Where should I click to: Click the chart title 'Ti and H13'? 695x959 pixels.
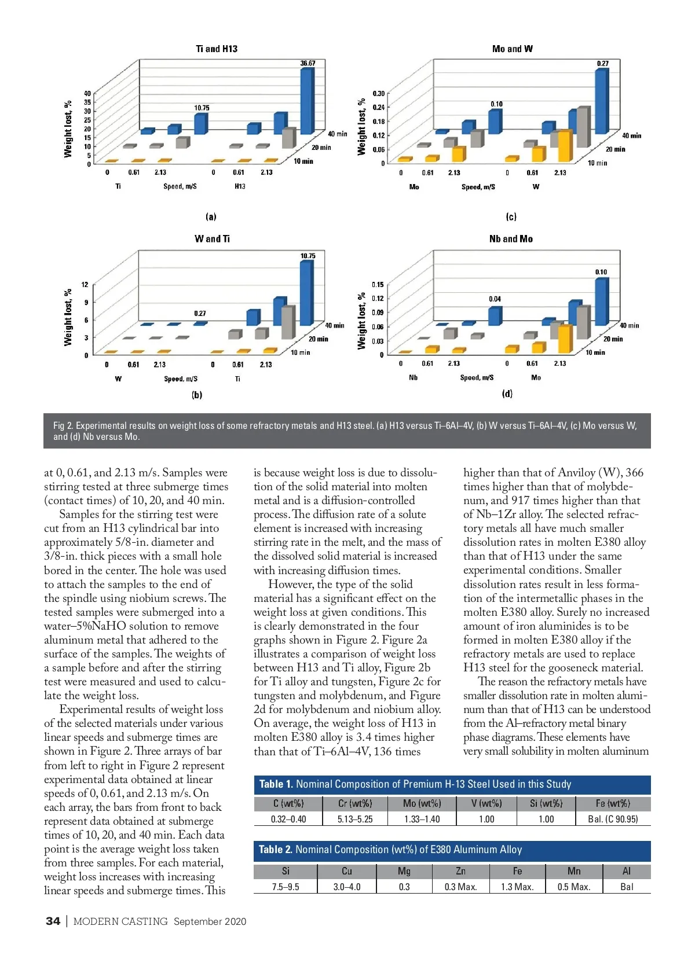tap(217, 49)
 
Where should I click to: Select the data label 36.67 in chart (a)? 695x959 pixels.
tap(308, 63)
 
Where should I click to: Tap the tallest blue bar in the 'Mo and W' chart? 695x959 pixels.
tap(602, 101)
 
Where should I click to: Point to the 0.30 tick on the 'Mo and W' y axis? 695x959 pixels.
tap(378, 93)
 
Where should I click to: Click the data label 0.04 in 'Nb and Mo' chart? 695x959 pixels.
tap(495, 299)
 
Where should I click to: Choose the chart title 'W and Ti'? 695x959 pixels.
tap(212, 239)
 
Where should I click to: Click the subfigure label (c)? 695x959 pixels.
tap(511, 217)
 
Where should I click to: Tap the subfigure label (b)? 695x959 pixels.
tap(197, 395)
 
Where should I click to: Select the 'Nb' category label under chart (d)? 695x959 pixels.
tap(413, 378)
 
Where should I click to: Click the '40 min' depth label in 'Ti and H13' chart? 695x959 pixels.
tap(337, 134)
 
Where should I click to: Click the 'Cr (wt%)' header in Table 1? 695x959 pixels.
tap(355, 803)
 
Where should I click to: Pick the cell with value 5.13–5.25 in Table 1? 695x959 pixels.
tap(355, 820)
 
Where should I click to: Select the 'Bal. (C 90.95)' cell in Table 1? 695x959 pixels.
tap(613, 820)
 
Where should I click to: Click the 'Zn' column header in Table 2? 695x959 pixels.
tap(460, 871)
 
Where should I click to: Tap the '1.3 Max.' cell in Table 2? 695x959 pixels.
tap(517, 887)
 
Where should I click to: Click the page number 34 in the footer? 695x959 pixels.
tap(53, 921)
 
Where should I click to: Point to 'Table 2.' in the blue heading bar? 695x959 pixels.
tap(275, 850)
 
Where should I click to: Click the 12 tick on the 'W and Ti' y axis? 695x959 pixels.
tap(85, 285)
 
